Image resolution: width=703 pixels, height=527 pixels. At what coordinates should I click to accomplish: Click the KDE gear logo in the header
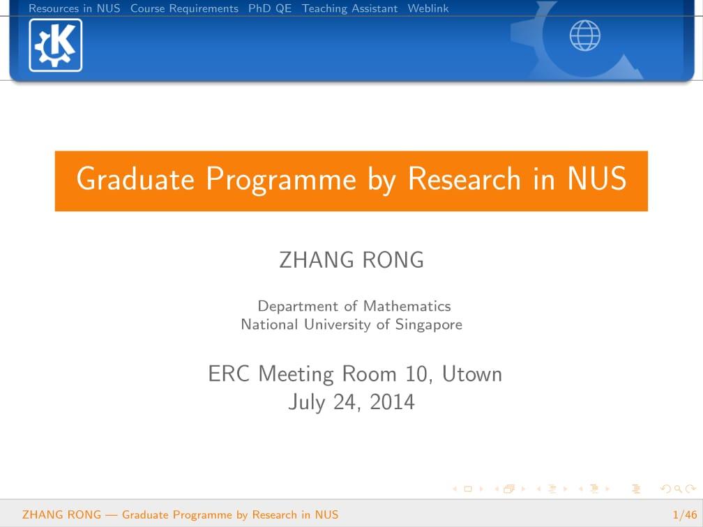point(56,45)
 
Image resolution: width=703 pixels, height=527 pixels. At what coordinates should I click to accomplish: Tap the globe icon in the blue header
point(584,36)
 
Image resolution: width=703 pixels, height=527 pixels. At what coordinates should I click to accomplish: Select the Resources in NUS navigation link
point(75,8)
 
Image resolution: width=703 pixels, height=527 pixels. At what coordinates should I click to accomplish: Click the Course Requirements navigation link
point(184,8)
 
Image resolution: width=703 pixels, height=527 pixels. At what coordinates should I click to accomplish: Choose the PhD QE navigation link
point(270,8)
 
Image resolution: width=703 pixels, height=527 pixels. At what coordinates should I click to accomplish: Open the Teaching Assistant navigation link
point(349,8)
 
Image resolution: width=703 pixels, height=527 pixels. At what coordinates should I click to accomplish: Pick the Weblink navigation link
point(428,8)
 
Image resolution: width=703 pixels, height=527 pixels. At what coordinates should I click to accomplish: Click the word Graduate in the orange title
point(135,178)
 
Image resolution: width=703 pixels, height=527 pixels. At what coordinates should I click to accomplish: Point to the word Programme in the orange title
point(281,181)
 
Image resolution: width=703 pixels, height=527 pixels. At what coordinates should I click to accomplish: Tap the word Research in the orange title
point(464,178)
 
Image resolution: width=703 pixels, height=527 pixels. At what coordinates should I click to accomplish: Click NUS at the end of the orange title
point(597,178)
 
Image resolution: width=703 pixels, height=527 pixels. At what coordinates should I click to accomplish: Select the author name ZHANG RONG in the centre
point(351,260)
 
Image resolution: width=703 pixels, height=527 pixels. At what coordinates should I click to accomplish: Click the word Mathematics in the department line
point(407,306)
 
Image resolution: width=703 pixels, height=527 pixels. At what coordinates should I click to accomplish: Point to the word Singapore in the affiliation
point(429,325)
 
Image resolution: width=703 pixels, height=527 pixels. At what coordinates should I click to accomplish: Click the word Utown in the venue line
point(472,374)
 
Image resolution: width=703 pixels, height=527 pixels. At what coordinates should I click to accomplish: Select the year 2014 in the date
point(392,402)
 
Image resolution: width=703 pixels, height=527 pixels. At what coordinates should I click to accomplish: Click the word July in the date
point(307,403)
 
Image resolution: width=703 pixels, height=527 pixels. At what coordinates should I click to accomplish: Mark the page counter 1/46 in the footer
point(685,514)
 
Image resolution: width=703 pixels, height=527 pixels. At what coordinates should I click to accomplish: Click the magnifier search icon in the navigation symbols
point(679,489)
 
